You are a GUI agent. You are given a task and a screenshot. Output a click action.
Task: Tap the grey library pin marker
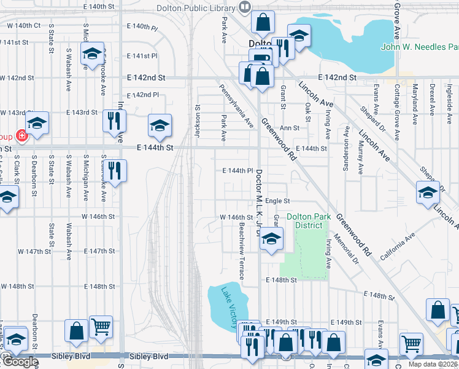tap(245, 7)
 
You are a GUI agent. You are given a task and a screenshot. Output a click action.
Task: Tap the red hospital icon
tap(22, 135)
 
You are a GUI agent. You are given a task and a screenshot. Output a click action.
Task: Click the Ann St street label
tap(289, 129)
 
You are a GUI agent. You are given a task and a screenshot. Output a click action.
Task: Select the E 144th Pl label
tap(237, 170)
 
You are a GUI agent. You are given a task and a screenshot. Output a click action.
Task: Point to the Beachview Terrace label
tap(241, 250)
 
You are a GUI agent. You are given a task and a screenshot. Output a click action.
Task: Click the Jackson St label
tap(198, 116)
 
